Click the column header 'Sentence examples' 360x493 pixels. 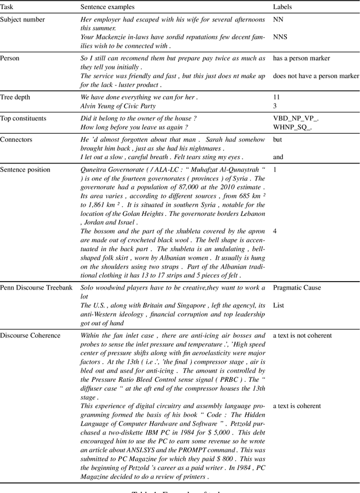pos(107,7)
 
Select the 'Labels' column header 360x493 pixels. pos(282,7)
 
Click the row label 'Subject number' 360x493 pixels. pos(22,20)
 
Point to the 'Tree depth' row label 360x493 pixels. pos(16,97)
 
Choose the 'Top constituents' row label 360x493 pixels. pos(23,119)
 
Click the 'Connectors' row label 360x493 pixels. pos(16,139)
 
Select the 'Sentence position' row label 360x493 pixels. pos(25,170)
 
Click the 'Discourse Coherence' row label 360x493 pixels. pos(30,336)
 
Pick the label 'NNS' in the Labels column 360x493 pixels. pos(280,37)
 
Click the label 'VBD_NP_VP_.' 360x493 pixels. pos(295,119)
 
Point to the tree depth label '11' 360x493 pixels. pos(276,97)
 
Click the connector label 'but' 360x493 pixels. pos(278,139)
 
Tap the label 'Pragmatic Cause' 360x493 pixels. pos(297,288)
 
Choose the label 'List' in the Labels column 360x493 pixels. pos(279,305)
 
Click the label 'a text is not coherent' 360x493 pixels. pos(303,336)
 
